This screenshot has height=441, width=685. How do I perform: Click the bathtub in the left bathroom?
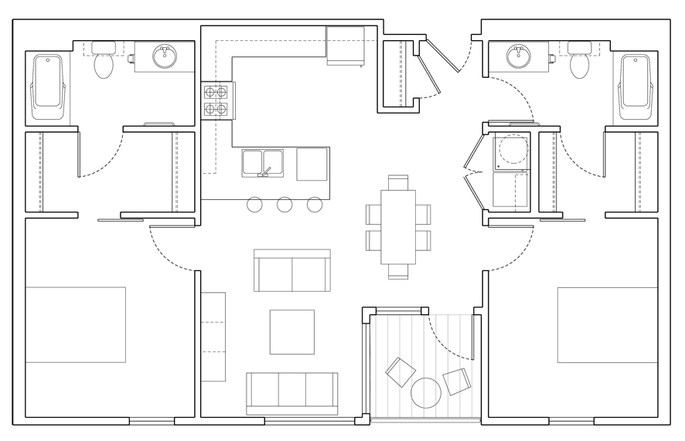click(x=47, y=89)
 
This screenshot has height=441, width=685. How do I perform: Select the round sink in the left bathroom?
click(x=164, y=56)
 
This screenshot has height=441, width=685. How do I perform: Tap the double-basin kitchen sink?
click(x=263, y=163)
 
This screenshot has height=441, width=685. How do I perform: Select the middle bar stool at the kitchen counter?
click(x=285, y=205)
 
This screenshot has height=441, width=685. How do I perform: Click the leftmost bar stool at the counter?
click(x=254, y=205)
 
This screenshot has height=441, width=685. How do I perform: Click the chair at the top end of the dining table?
click(x=398, y=182)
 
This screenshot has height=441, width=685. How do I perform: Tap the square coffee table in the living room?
click(x=291, y=331)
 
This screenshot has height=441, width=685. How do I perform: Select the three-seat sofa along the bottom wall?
click(x=291, y=392)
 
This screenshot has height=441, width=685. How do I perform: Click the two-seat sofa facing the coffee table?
click(x=291, y=270)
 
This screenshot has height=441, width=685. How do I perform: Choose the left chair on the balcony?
click(x=400, y=372)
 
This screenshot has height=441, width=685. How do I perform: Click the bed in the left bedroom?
click(x=76, y=324)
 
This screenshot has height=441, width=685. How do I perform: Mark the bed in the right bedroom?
click(x=608, y=324)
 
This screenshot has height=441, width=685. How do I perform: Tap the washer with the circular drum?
click(x=510, y=151)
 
